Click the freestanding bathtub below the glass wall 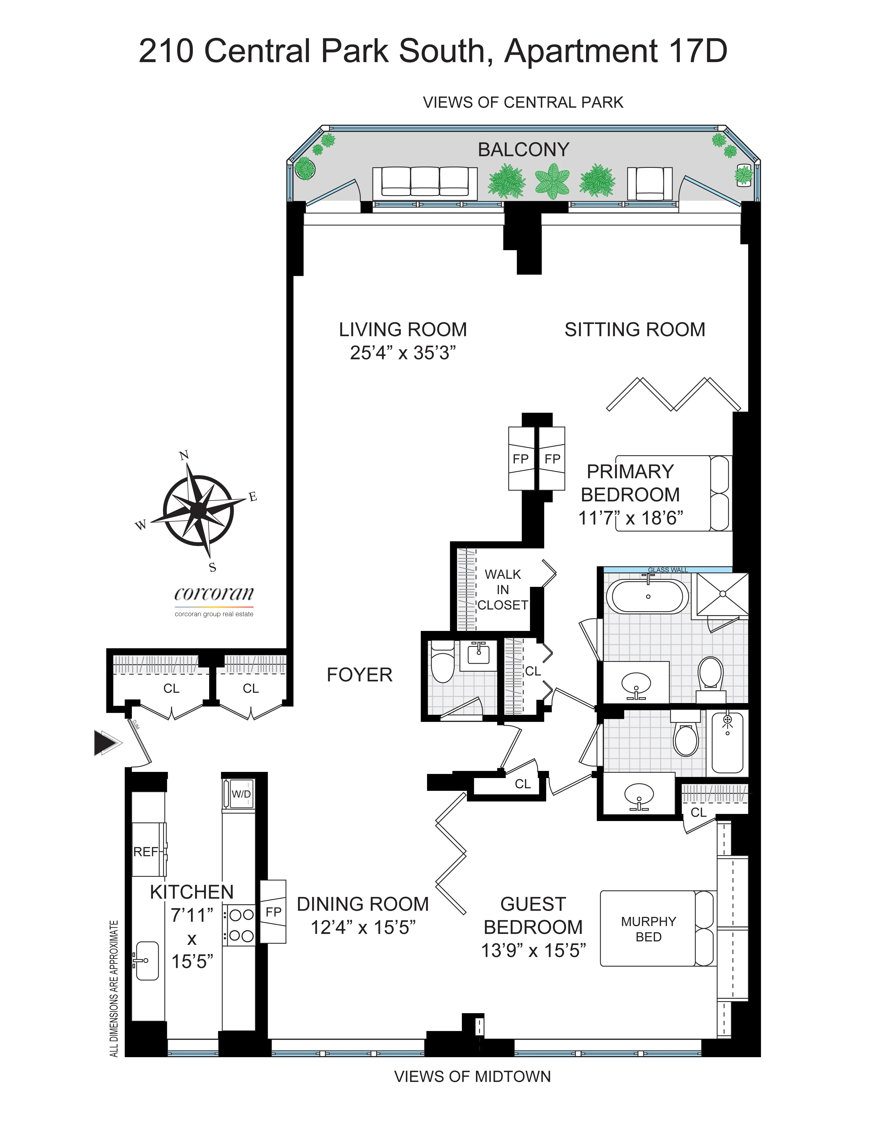pyautogui.click(x=647, y=596)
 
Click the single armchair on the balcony pyautogui.click(x=650, y=183)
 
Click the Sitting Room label pyautogui.click(x=635, y=330)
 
